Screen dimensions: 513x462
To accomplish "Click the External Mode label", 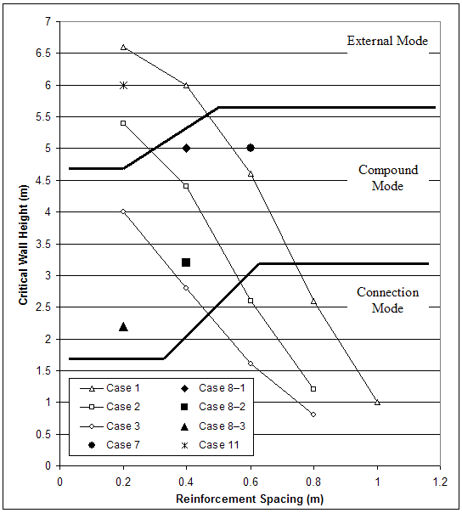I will pos(387,41).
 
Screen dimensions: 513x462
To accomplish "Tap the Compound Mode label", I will pos(388,178).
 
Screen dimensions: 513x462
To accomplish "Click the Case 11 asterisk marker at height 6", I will pos(123,85).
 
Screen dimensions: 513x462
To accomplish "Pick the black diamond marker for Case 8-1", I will pos(186,149).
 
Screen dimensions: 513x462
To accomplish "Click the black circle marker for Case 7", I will pos(251,148).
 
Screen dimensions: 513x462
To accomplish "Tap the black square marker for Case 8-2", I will pos(186,262).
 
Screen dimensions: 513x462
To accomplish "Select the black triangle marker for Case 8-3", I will pos(123,326).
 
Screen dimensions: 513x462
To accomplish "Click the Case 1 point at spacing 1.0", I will pos(377,402).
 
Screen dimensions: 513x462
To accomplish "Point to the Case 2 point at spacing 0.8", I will pos(313,389).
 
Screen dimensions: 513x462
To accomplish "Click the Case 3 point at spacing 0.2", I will pos(123,211).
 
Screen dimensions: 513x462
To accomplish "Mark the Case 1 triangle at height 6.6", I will pos(123,48).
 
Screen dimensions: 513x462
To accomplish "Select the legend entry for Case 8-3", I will pos(218,426).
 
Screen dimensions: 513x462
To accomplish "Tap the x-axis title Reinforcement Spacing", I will pos(250,499).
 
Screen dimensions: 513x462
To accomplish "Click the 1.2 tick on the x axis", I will pos(440,480).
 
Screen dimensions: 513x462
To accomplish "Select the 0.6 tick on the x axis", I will pos(250,480).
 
